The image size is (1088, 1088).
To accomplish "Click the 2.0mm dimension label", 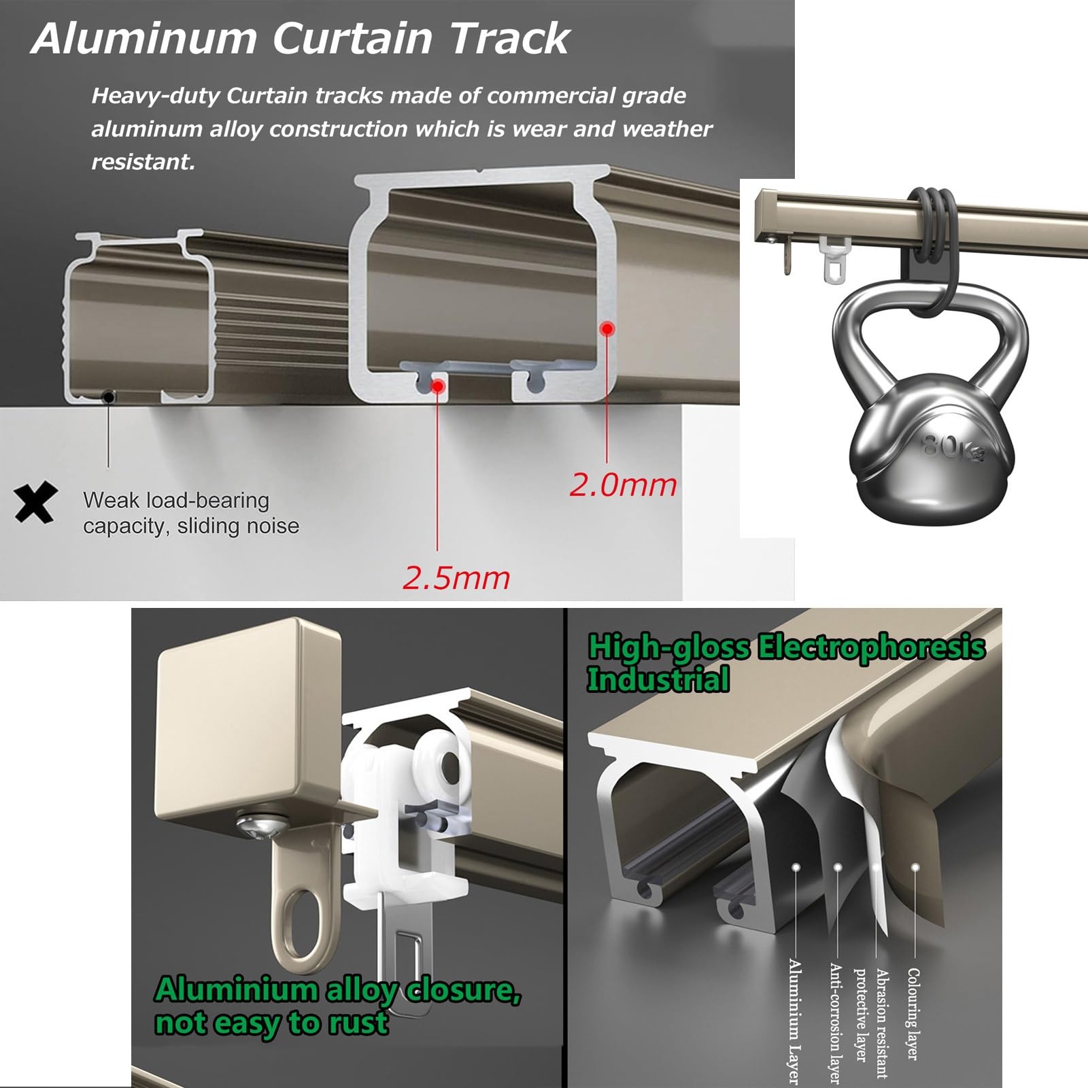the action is pos(623,485).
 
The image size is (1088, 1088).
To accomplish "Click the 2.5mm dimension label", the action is pos(456,578).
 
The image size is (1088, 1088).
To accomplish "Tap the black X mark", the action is pos(35,503).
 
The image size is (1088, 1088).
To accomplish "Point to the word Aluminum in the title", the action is pos(143,38).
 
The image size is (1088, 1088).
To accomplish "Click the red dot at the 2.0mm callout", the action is pos(608,329).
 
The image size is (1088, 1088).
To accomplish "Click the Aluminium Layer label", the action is pos(794,1021).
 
